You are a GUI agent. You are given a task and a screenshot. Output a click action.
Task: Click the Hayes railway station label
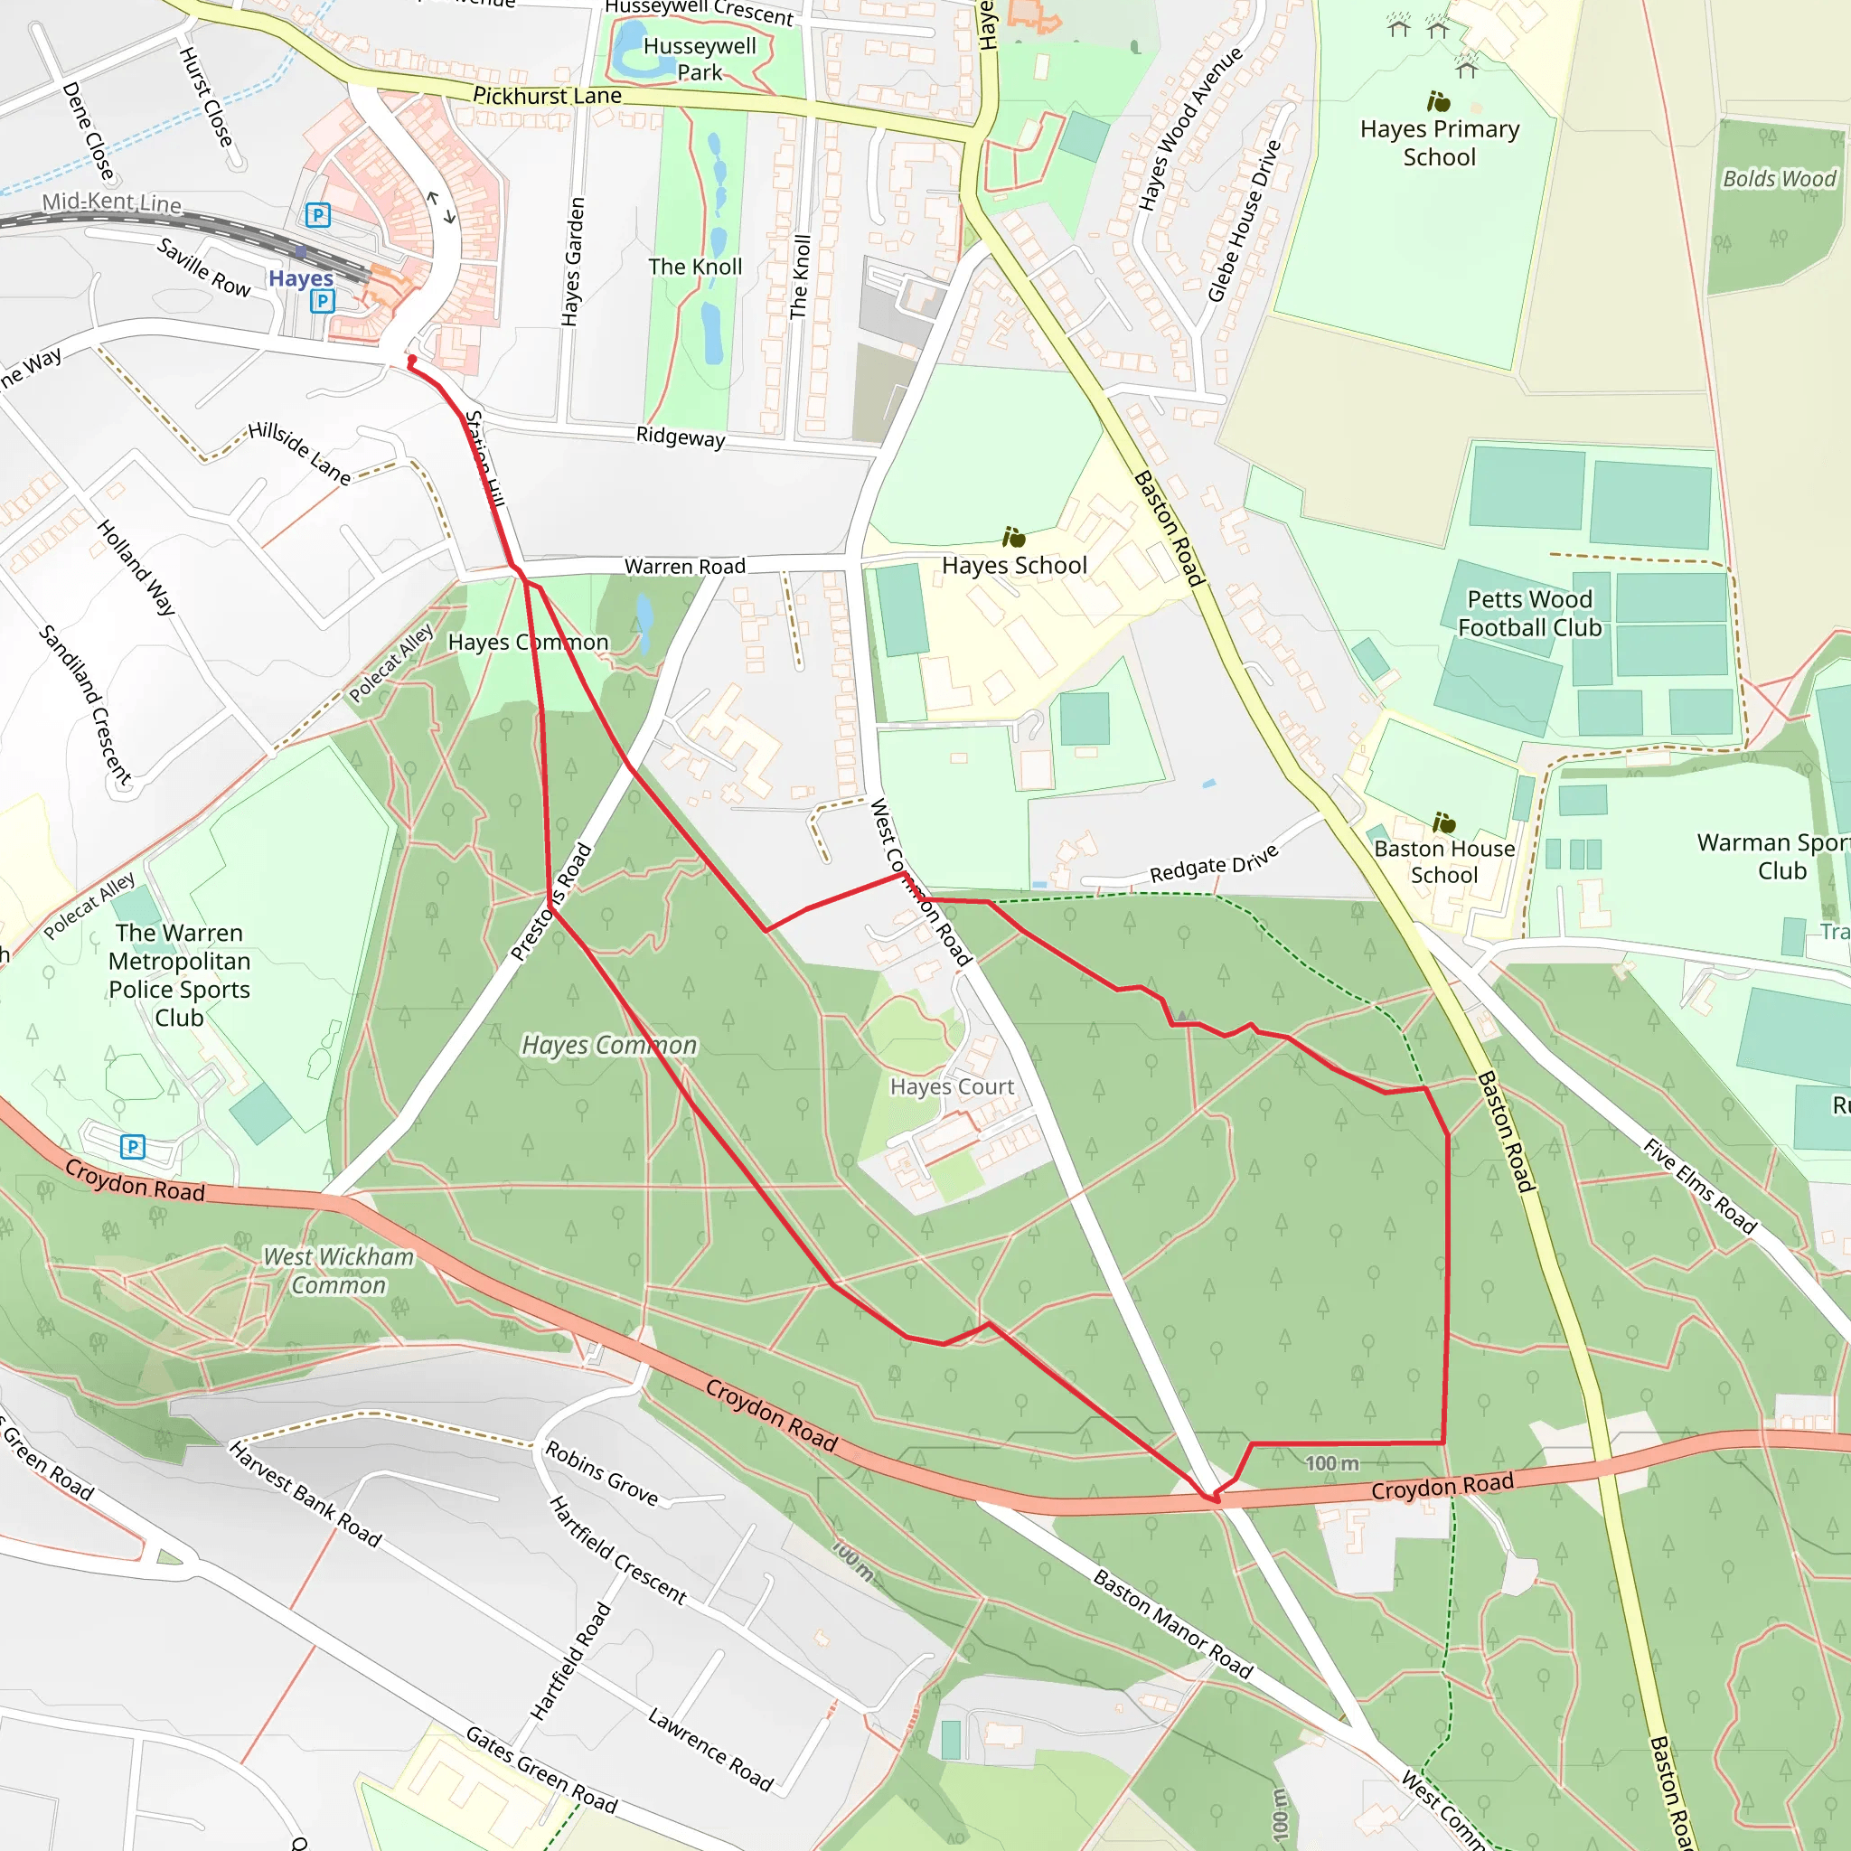(300, 277)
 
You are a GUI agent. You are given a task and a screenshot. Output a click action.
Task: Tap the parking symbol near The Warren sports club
(133, 1146)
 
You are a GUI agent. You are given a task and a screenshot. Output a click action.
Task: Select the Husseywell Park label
(700, 59)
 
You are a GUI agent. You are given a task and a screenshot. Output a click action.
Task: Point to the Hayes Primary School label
(1439, 143)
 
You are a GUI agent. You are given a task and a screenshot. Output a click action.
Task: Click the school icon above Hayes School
(1014, 538)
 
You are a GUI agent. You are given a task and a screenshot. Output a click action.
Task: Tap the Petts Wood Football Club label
(1529, 613)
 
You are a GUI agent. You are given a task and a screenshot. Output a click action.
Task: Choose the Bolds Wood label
(1779, 179)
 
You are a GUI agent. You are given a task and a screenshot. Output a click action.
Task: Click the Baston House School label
(1443, 861)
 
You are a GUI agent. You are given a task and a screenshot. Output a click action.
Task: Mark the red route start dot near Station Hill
(412, 361)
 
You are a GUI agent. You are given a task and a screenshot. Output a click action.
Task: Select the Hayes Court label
(952, 1086)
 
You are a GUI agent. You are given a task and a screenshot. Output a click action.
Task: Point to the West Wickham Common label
(338, 1271)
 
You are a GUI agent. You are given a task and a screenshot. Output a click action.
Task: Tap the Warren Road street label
(685, 566)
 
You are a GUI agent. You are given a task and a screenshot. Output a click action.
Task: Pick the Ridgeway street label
(681, 437)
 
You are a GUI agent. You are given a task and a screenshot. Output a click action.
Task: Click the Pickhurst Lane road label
(547, 96)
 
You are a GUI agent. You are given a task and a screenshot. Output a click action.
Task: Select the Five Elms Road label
(1700, 1186)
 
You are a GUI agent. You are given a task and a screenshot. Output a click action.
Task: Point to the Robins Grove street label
(602, 1473)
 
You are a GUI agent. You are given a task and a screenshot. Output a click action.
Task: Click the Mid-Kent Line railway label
(112, 202)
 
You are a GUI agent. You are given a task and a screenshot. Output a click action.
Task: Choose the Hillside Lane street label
(300, 452)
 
